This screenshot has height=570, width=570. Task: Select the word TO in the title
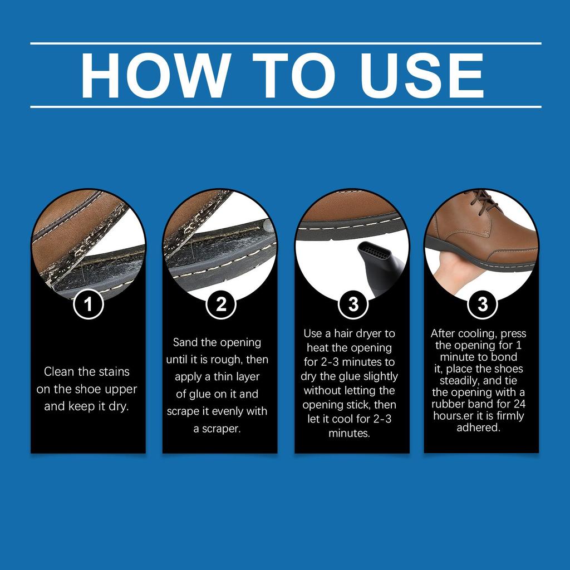(293, 75)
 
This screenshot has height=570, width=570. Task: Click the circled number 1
(89, 304)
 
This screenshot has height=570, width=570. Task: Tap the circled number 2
(221, 304)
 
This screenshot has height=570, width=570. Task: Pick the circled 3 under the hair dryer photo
(353, 304)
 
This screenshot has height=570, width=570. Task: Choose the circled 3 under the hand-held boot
(483, 304)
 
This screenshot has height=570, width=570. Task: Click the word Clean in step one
(59, 371)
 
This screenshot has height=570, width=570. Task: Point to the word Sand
(185, 342)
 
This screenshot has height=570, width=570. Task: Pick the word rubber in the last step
(448, 404)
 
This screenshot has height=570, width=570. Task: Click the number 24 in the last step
(519, 404)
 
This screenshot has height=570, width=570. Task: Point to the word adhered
(478, 427)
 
